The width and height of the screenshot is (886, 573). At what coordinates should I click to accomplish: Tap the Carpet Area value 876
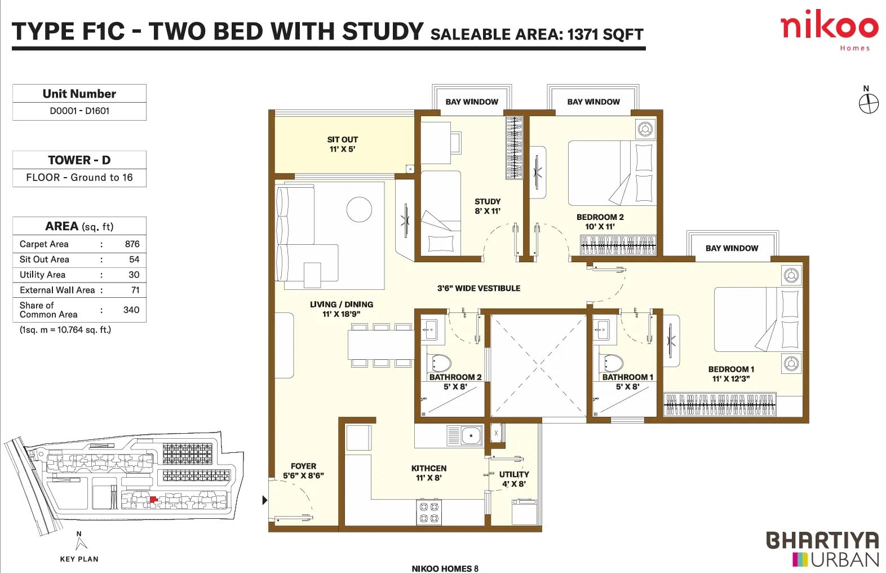(x=132, y=244)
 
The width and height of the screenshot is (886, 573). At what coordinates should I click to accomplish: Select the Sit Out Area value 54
(x=134, y=259)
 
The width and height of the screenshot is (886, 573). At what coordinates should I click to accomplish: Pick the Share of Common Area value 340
(x=131, y=310)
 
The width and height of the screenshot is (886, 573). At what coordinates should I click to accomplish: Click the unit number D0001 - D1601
(x=79, y=111)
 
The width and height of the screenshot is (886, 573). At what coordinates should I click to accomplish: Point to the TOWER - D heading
(x=79, y=160)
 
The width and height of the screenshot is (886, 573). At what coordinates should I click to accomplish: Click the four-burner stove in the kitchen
(x=429, y=513)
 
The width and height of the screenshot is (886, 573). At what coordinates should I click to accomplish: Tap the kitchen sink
(x=464, y=436)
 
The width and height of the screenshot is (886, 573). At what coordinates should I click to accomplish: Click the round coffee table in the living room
(x=359, y=209)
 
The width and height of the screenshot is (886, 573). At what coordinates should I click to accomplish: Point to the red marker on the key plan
(x=153, y=499)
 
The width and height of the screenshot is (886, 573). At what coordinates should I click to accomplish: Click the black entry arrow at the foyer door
(x=265, y=500)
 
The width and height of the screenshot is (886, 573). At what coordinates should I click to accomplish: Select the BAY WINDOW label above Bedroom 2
(x=593, y=102)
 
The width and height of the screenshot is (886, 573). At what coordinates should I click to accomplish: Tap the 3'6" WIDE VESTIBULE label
(x=479, y=289)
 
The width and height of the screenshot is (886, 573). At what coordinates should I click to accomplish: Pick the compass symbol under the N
(x=869, y=104)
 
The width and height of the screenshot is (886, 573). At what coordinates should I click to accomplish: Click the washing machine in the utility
(x=525, y=512)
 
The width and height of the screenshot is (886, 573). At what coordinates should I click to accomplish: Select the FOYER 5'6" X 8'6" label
(x=303, y=471)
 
